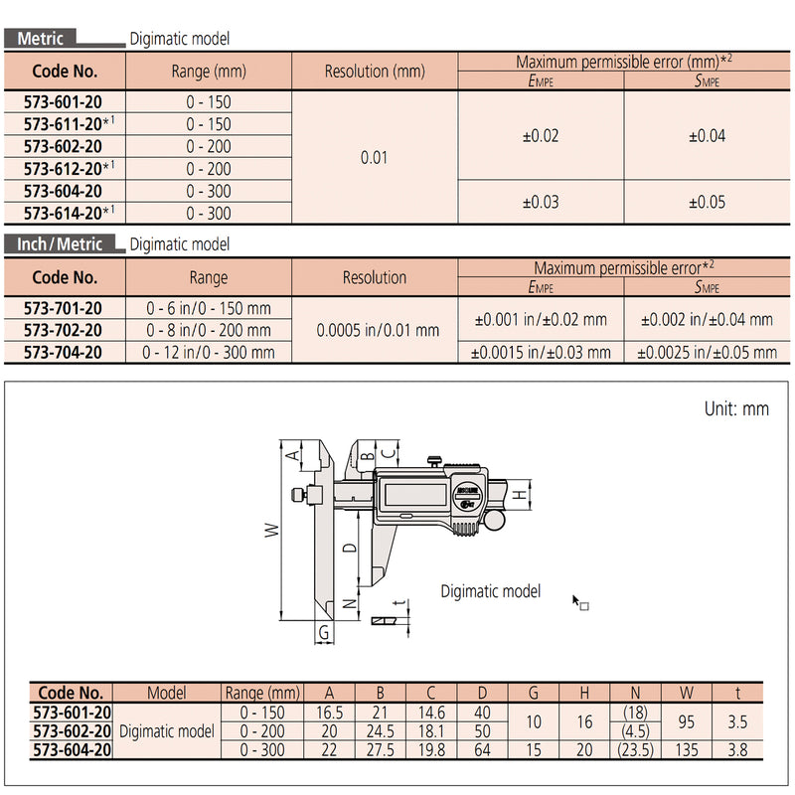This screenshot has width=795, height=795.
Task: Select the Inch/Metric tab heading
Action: pos(60,243)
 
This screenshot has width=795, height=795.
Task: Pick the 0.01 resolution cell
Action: pos(375,158)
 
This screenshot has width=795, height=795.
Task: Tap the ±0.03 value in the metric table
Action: pos(541,202)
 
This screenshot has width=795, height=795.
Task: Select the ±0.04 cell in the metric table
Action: pos(707,136)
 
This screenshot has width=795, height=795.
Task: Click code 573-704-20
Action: pos(65,352)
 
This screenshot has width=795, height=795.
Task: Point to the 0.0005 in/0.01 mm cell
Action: pos(375,330)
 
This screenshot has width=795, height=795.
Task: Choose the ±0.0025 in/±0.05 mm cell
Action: pos(709,353)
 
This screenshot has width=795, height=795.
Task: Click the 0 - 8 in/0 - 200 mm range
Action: pos(208,330)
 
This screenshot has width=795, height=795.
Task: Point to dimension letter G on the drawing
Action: pos(323,633)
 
